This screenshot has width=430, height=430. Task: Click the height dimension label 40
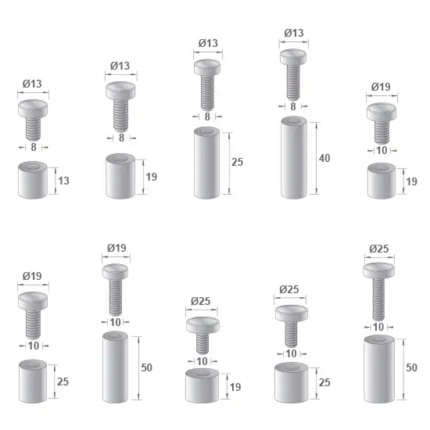324,158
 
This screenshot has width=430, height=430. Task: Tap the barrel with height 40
294,157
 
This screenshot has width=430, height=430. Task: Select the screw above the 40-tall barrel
293,75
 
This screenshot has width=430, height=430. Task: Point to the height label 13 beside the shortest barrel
63,181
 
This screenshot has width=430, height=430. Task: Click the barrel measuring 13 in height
33,180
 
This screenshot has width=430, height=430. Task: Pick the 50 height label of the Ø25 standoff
411,367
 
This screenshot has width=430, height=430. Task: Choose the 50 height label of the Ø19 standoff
146,367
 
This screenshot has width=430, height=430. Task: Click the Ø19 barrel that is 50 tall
115,367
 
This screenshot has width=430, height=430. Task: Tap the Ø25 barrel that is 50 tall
379,369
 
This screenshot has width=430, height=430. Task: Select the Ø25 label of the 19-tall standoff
200,301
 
